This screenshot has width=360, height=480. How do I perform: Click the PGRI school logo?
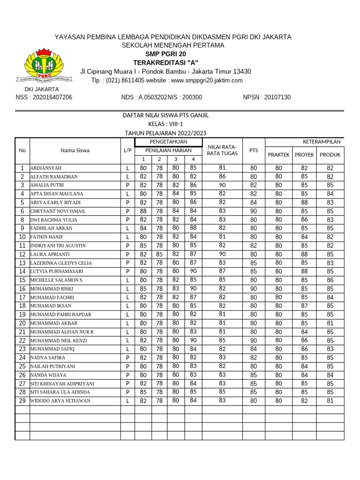(44, 64)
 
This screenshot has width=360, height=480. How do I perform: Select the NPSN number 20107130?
(267, 97)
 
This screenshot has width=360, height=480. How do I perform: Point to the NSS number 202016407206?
(44, 97)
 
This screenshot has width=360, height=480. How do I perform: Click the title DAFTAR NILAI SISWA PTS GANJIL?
(165, 115)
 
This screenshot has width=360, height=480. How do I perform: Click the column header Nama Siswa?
(75, 150)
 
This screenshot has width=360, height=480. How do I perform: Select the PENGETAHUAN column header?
(168, 142)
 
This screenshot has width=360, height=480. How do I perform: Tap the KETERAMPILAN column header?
(322, 142)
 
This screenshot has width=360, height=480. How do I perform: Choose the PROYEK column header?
(304, 155)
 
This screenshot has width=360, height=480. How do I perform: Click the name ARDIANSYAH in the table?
(46, 168)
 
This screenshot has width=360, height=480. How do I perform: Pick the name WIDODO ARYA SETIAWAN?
(60, 401)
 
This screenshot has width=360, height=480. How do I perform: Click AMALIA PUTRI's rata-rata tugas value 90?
(222, 185)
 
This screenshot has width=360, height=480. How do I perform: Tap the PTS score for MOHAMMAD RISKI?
(254, 289)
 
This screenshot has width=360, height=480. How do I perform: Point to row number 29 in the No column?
(22, 401)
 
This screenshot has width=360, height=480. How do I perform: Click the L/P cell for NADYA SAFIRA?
(127, 358)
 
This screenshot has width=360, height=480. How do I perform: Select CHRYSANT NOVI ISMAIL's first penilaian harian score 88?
(143, 211)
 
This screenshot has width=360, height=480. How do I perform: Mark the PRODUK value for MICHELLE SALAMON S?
(330, 280)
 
